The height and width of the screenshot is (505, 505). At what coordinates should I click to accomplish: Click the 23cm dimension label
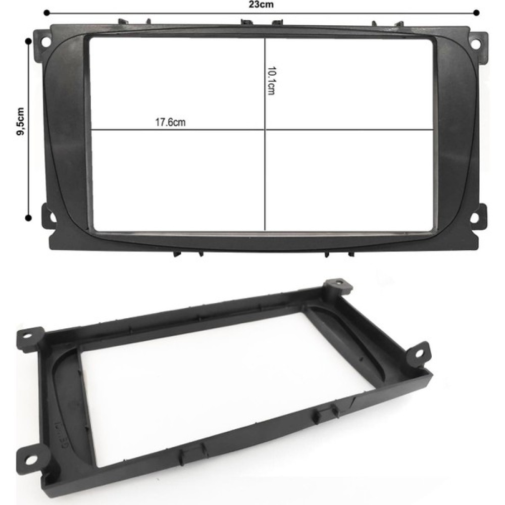tap(261, 4)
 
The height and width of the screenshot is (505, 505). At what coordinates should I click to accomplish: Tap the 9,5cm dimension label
tap(20, 121)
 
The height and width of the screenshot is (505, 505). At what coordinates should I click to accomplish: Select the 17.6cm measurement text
tap(170, 122)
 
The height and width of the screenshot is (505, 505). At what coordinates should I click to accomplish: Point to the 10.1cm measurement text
tap(272, 81)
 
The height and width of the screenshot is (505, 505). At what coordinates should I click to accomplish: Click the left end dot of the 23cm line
tap(46, 13)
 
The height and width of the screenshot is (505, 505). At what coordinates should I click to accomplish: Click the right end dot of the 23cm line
tap(477, 13)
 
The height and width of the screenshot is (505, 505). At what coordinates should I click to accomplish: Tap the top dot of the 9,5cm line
tap(28, 41)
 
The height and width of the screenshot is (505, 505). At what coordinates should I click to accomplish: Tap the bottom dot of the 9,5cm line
tap(28, 218)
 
